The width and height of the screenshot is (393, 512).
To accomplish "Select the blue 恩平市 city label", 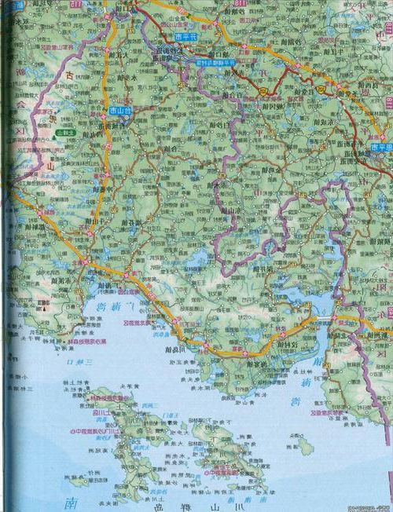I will coord(380,147).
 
